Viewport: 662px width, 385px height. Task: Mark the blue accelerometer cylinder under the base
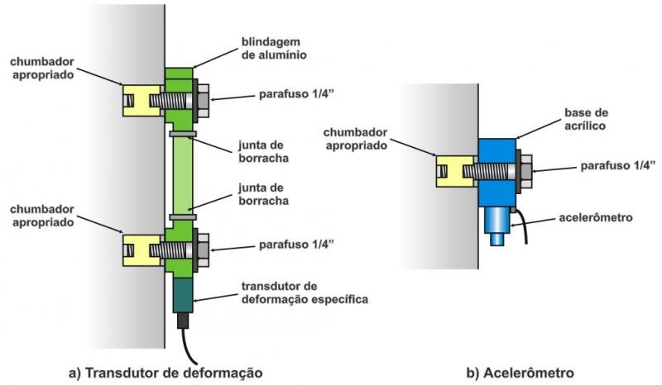click(496, 222)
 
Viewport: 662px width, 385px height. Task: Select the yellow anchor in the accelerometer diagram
click(455, 171)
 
